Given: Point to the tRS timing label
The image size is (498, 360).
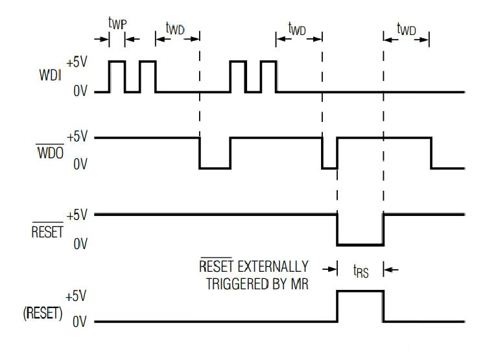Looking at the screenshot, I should point(360,272).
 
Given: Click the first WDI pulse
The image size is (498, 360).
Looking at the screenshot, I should point(117,77).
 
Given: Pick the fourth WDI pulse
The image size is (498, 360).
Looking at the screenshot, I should point(268,77).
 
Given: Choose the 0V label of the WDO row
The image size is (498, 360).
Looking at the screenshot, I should point(80,166).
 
